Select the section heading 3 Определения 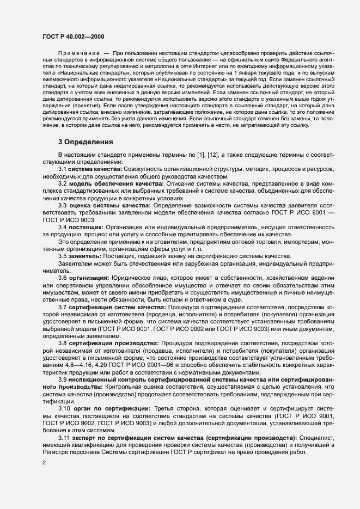tap(86, 142)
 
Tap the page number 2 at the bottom tap(44, 463)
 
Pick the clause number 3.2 tap(63, 183)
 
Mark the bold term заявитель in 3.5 tap(86, 255)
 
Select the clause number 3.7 tap(63, 308)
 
